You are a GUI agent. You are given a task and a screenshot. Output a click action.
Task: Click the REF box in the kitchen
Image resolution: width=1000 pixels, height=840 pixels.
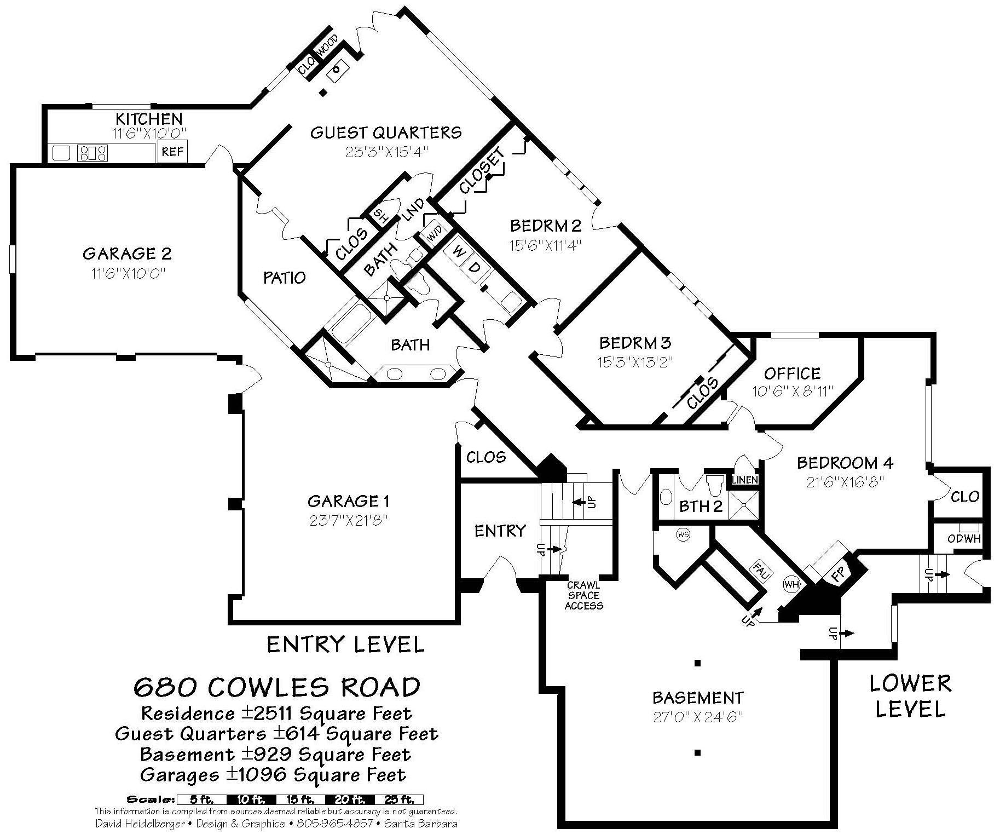[x=172, y=152]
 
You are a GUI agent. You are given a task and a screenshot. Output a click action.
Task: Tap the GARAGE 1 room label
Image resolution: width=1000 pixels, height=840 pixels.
[x=348, y=501]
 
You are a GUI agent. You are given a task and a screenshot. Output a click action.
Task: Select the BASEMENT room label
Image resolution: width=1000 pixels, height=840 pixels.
[x=698, y=698]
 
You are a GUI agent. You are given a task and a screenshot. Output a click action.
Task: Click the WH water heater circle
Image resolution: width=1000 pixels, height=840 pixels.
[x=791, y=584]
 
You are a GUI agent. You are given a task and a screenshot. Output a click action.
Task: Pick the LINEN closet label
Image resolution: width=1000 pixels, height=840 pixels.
[x=745, y=480]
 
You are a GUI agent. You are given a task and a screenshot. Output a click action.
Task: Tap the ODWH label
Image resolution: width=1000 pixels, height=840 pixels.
[x=964, y=539]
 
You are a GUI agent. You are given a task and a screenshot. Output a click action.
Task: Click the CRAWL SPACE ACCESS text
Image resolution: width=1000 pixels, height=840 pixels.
[x=583, y=595]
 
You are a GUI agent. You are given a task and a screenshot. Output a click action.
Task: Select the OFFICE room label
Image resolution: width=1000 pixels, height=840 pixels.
[x=792, y=373]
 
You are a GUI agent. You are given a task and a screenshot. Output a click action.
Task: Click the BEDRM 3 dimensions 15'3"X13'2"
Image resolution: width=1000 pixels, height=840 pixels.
[x=635, y=361]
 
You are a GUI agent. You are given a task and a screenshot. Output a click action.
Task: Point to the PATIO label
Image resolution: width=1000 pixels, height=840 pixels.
[x=284, y=278]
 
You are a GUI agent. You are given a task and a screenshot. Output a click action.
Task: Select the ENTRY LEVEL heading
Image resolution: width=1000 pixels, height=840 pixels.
[x=345, y=645]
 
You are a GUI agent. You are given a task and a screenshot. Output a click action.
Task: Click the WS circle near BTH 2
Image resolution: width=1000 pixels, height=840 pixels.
[x=683, y=534]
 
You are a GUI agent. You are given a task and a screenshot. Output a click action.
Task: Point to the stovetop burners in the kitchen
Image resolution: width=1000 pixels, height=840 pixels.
[x=93, y=152]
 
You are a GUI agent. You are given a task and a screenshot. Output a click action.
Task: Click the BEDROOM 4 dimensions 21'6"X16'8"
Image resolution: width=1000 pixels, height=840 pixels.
[x=845, y=482]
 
